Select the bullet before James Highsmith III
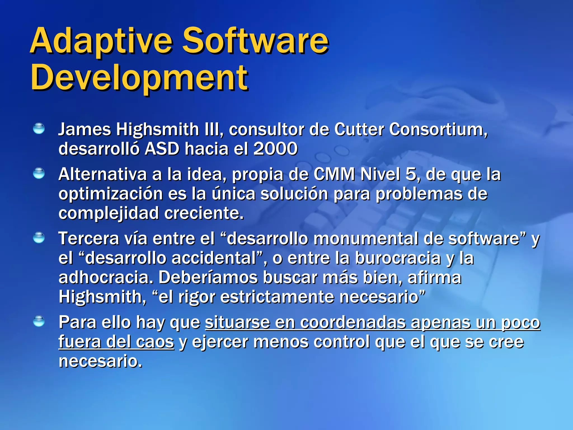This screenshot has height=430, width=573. (x=39, y=129)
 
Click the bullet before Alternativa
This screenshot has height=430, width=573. (x=39, y=173)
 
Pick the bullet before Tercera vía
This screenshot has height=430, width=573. (x=39, y=238)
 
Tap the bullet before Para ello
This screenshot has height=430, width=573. (x=39, y=321)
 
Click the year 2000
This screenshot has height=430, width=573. (x=275, y=149)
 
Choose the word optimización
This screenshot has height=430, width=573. (x=111, y=194)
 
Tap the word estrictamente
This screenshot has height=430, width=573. (x=277, y=297)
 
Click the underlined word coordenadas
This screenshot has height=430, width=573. (x=353, y=322)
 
